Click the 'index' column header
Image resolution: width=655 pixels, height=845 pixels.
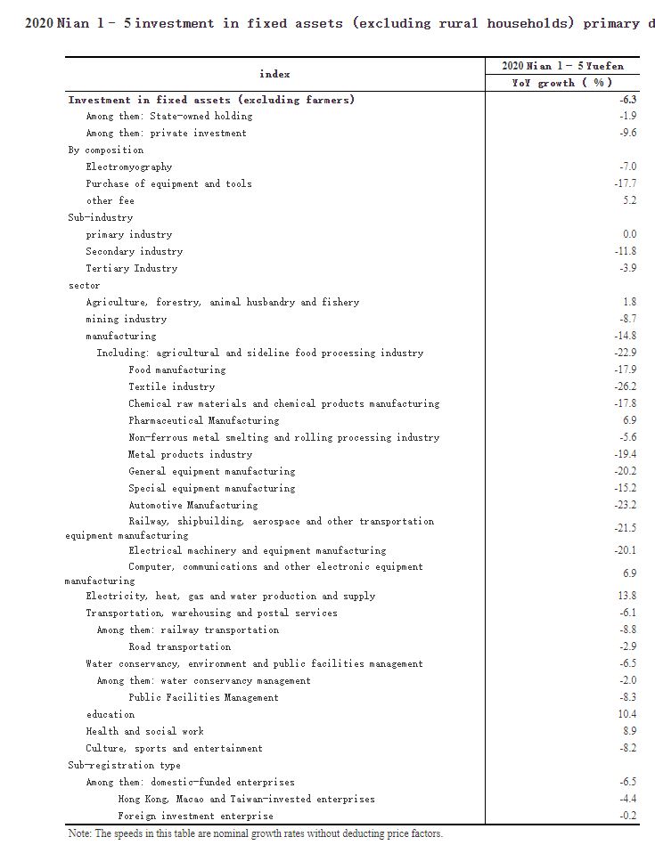point(274,74)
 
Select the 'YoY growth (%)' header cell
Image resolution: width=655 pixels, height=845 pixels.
point(561,83)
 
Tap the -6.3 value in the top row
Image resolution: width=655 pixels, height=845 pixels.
point(628,100)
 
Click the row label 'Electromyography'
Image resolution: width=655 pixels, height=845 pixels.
point(128,167)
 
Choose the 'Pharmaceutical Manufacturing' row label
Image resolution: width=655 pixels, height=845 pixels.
point(203,420)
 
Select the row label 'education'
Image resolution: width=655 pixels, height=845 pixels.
point(111,714)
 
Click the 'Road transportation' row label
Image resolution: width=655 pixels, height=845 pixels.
point(179,646)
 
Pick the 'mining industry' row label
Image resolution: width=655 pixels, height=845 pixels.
point(126,319)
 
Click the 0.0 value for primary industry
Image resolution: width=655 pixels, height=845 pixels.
point(629,234)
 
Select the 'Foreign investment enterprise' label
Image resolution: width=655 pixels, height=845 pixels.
point(195,816)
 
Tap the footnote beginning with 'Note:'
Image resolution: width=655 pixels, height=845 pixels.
point(255,833)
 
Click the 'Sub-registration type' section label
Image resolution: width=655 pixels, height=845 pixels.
point(124,765)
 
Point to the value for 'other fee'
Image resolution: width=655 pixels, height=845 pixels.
point(630,200)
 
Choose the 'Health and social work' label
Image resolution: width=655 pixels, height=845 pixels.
point(144,731)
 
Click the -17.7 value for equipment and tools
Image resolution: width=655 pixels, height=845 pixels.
point(626,183)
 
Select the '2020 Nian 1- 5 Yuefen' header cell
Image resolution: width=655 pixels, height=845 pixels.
point(561,66)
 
